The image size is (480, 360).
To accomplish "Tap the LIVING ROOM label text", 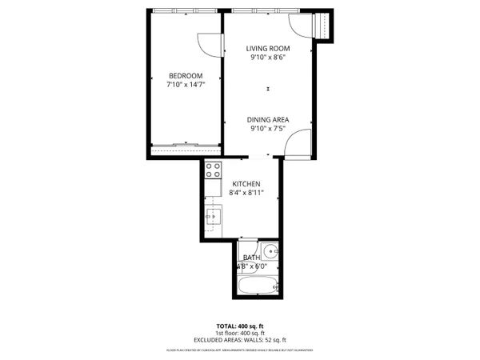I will (268, 49).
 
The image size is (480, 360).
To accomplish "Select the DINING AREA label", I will (268, 119).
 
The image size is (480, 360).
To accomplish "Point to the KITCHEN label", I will (246, 183).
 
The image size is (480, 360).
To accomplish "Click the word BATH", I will (251, 258).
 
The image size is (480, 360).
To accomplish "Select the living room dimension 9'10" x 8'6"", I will (268, 58).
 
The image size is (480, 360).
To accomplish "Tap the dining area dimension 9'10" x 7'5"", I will (268, 128).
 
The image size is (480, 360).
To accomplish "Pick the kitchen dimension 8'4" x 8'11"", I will (246, 192).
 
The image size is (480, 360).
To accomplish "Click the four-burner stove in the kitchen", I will (214, 170).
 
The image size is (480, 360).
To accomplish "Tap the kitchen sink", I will (213, 215).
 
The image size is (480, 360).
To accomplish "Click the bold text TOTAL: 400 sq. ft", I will (240, 326).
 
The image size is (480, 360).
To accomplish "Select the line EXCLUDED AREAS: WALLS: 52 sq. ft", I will (240, 341).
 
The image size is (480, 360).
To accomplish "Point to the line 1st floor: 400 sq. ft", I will (240, 334).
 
